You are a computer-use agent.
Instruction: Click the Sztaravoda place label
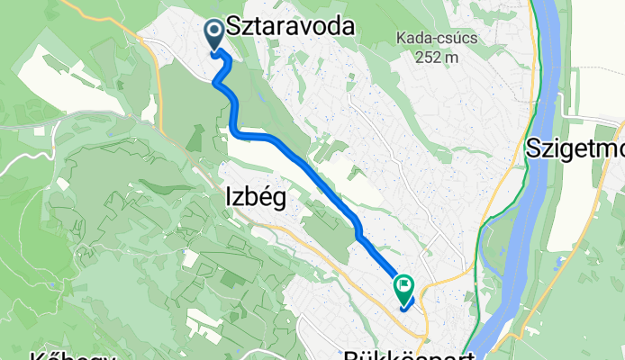(x=290, y=27)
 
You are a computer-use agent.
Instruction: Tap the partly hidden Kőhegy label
(x=74, y=354)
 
